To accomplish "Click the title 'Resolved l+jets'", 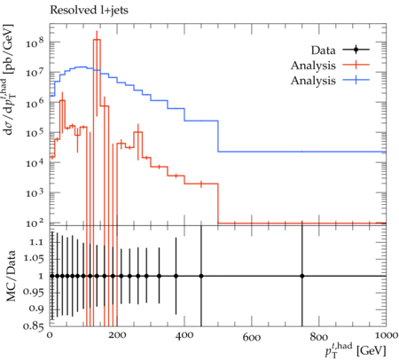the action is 89,11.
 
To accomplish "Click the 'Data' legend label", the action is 323,51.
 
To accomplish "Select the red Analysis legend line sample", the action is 356,65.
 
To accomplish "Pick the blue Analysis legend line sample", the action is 356,80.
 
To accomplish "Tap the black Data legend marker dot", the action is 356,50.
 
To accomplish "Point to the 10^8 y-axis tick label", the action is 35,43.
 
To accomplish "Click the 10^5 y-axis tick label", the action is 35,133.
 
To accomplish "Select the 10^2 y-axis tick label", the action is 35,223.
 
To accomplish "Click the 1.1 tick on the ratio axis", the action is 36,242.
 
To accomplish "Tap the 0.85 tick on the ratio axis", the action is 34,326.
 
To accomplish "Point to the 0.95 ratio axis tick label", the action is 34,293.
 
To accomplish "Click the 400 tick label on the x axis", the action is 184,335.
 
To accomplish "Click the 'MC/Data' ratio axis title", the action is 11,276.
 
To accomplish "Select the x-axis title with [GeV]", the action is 356,350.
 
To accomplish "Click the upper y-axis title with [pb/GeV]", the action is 11,80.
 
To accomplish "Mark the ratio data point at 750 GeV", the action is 302,276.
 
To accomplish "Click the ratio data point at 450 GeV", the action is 201,276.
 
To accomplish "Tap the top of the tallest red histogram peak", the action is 97,39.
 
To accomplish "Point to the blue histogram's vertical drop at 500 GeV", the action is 218,136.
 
